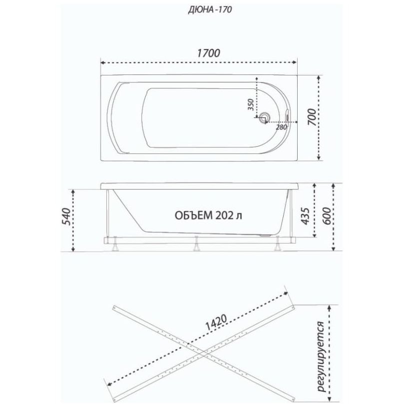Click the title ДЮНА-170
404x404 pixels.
click(x=210, y=9)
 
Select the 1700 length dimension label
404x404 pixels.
click(x=209, y=53)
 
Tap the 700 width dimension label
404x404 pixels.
click(x=312, y=117)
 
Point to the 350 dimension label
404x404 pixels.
click(x=251, y=104)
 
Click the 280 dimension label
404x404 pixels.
click(x=281, y=127)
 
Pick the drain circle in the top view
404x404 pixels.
click(x=265, y=117)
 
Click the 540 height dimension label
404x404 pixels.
click(x=66, y=216)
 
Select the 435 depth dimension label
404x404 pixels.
click(x=306, y=216)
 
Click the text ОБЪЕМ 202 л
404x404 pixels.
click(x=208, y=215)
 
